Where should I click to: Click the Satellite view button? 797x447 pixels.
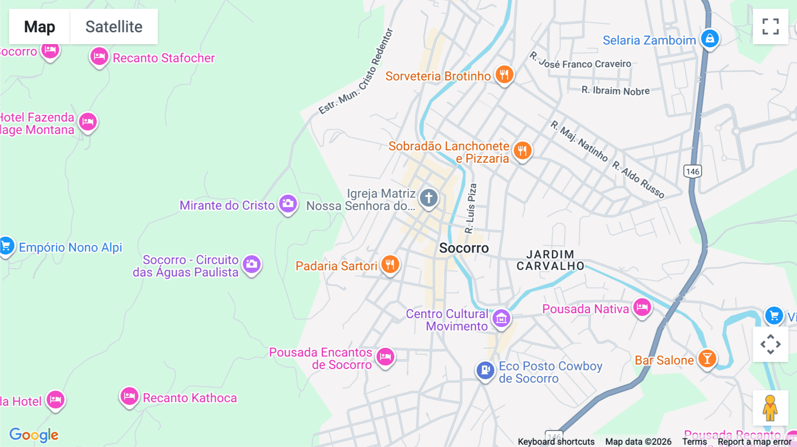pyautogui.click(x=114, y=27)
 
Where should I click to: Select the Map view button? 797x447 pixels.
pyautogui.click(x=39, y=27)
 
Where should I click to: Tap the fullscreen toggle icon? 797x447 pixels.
pyautogui.click(x=770, y=27)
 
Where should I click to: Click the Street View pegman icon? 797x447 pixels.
pyautogui.click(x=770, y=408)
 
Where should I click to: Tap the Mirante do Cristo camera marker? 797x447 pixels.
pyautogui.click(x=288, y=204)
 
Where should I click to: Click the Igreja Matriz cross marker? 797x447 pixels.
pyautogui.click(x=429, y=197)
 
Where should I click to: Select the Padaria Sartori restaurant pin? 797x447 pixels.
pyautogui.click(x=390, y=265)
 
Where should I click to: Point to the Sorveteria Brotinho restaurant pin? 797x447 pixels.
pyautogui.click(x=504, y=74)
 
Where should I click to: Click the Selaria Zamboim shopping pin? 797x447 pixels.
pyautogui.click(x=710, y=39)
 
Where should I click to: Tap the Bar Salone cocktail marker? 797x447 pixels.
pyautogui.click(x=707, y=358)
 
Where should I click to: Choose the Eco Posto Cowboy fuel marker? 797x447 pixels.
pyautogui.click(x=485, y=370)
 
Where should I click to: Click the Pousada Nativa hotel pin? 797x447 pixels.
pyautogui.click(x=642, y=307)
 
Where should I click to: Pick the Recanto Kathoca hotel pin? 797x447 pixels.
pyautogui.click(x=129, y=396)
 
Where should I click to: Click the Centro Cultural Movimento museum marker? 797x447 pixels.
pyautogui.click(x=501, y=318)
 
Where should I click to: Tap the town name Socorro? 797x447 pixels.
pyautogui.click(x=464, y=248)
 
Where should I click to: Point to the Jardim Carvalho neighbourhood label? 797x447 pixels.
pyautogui.click(x=550, y=260)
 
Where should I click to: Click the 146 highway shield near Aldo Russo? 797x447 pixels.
pyautogui.click(x=693, y=171)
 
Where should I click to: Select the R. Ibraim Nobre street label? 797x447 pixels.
pyautogui.click(x=615, y=91)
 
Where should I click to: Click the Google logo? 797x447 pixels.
pyautogui.click(x=34, y=435)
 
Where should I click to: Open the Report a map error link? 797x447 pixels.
pyautogui.click(x=754, y=442)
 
